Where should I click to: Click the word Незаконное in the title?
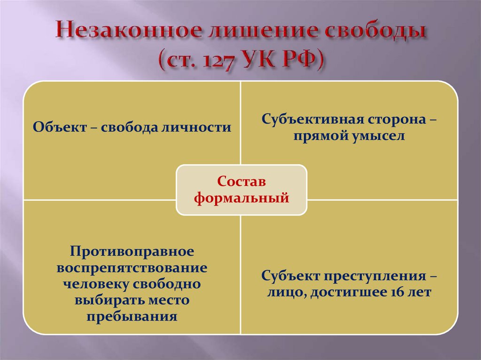point(129,31)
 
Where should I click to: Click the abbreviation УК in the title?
point(260,60)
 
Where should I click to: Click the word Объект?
point(60,127)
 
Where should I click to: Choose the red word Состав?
point(241,181)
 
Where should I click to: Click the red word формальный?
point(241,198)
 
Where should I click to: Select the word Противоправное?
point(132,252)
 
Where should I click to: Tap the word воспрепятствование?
point(132,268)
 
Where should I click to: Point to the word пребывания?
point(132,316)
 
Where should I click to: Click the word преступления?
point(373,276)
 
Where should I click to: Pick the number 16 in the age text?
point(397,292)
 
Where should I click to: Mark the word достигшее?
point(349,292)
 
